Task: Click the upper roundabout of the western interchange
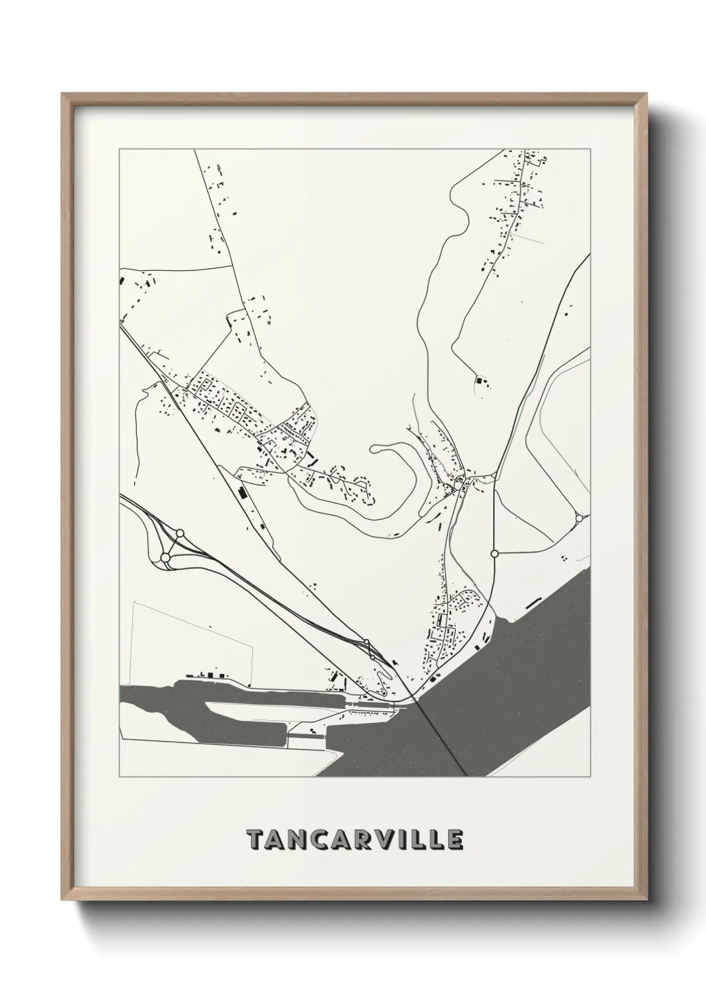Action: (x=180, y=533)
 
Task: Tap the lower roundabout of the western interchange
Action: (x=165, y=557)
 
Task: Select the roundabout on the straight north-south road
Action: (x=494, y=554)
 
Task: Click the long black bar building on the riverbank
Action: (x=533, y=602)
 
